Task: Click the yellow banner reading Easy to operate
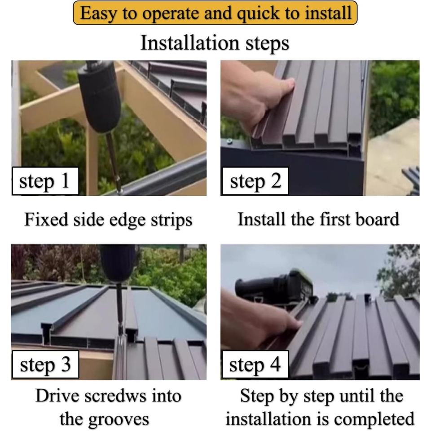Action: coord(215,13)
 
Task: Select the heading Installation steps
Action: coord(215,43)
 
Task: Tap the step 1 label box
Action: coord(45,181)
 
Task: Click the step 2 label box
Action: coord(255,181)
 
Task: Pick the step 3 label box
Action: coord(45,365)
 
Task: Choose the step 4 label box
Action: coord(255,365)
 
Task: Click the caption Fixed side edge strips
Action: coord(108,220)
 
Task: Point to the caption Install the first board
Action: coord(318,220)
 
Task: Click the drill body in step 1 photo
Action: coord(101,96)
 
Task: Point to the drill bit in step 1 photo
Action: coord(114,162)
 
